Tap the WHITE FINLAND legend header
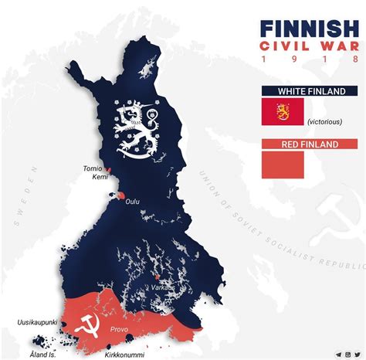coord(309,90)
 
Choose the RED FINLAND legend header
coord(309,144)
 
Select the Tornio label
coord(93,168)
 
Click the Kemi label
coord(99,178)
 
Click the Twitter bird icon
coord(357,355)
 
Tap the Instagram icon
coord(347,355)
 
